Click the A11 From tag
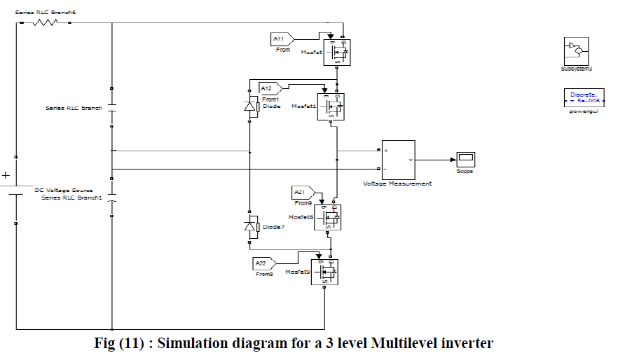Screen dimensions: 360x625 click(x=282, y=39)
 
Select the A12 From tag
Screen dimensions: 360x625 click(x=270, y=88)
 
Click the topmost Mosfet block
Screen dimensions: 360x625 click(x=337, y=52)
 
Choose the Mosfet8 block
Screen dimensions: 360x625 click(x=327, y=218)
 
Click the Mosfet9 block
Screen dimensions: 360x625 click(x=324, y=271)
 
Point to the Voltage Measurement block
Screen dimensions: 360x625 click(x=398, y=160)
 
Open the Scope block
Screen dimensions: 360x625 click(x=465, y=159)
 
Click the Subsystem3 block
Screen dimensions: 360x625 click(x=576, y=50)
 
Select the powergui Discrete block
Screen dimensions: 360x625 click(x=582, y=97)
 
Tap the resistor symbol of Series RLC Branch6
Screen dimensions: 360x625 click(x=46, y=22)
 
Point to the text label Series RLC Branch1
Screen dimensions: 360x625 click(x=71, y=198)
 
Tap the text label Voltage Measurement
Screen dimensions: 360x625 click(x=397, y=184)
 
